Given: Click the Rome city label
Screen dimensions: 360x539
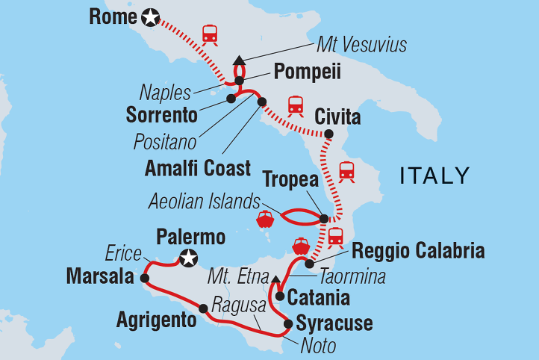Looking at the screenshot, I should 112,16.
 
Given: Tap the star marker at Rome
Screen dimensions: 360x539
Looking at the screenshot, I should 151,17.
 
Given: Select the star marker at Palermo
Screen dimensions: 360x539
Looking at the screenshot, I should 190,258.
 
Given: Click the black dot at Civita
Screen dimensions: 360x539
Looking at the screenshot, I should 327,134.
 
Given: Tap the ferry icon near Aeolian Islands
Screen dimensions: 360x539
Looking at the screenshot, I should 265,220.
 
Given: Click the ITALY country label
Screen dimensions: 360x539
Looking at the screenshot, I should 435,176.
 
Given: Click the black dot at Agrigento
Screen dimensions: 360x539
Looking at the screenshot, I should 203,308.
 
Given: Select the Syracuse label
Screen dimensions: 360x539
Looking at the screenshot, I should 334,324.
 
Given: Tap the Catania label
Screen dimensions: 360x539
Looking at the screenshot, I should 319,297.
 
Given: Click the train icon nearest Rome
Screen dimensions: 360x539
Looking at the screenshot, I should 210,34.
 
